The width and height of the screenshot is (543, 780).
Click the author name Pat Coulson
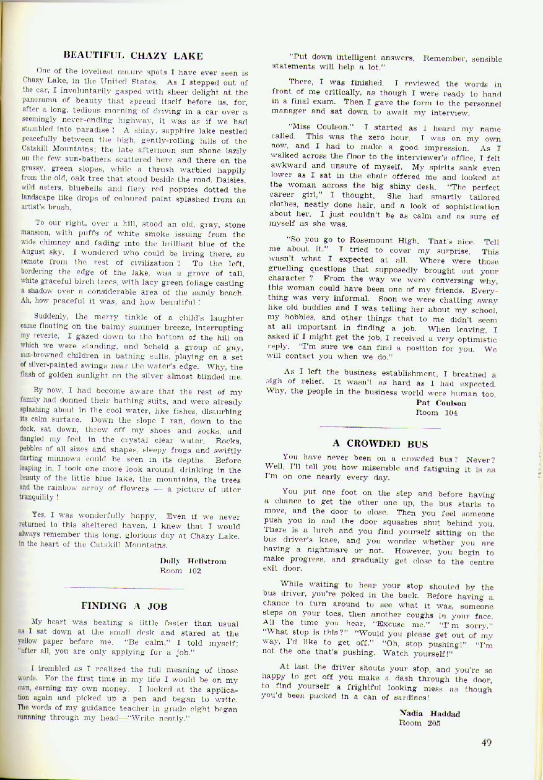point(441,403)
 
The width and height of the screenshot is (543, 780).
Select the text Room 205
point(420,722)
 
